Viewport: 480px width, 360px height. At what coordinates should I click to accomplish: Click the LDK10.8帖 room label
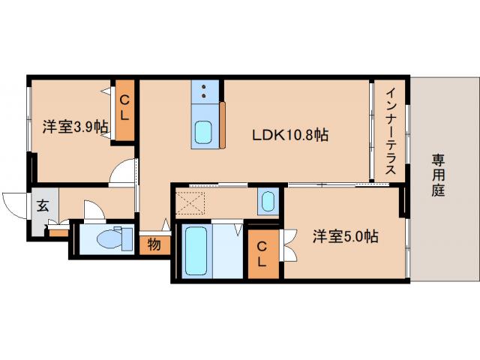click(x=289, y=135)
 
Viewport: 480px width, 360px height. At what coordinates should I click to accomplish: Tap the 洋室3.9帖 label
click(x=74, y=127)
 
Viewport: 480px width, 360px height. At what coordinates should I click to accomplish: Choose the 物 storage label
click(x=153, y=244)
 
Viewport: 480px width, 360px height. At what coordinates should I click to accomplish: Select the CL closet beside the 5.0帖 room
click(x=262, y=253)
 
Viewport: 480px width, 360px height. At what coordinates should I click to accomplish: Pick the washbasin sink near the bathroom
click(x=268, y=202)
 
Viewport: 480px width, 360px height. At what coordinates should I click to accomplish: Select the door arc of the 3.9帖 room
click(x=121, y=172)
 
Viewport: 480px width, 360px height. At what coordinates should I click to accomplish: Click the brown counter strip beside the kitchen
click(x=222, y=123)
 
